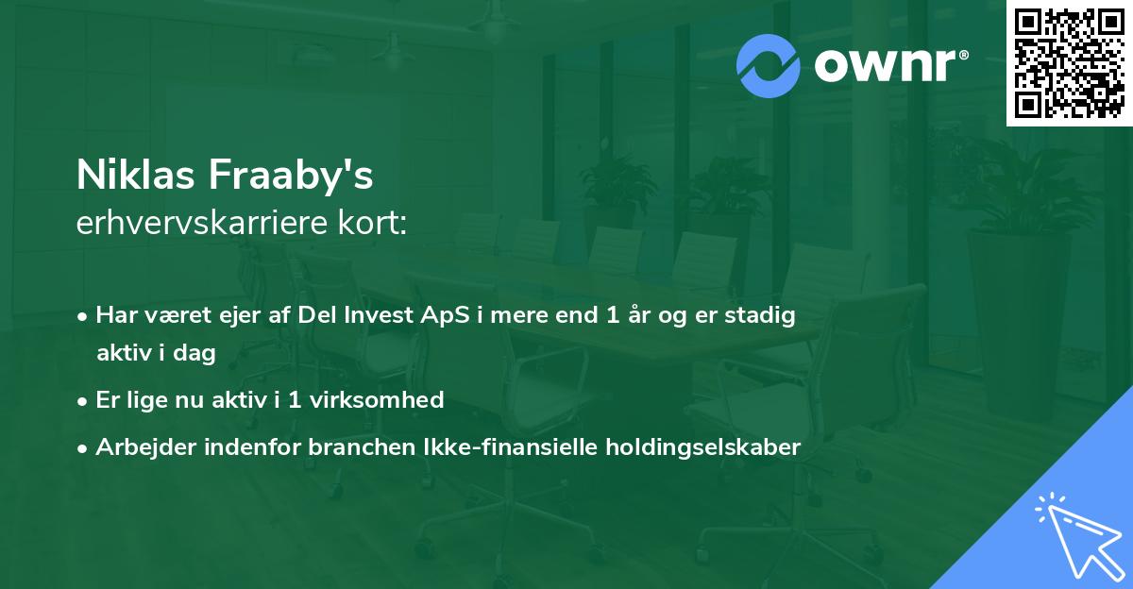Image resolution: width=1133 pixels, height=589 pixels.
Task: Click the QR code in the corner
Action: pyautogui.click(x=1069, y=62)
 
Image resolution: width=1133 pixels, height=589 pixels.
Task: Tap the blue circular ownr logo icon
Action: pyautogui.click(x=768, y=66)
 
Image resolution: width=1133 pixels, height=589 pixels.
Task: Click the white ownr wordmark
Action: pyautogui.click(x=886, y=66)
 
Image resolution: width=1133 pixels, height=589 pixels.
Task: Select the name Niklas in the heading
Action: pyautogui.click(x=136, y=175)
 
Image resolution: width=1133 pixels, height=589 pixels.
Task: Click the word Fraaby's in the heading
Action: pyautogui.click(x=291, y=176)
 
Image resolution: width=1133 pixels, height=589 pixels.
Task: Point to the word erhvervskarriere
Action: pyautogui.click(x=202, y=223)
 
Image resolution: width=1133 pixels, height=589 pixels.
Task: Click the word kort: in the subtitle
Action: pyautogui.click(x=372, y=223)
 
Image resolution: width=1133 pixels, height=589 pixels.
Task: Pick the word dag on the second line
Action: pyautogui.click(x=194, y=353)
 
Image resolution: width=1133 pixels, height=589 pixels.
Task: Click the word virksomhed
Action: pyautogui.click(x=377, y=399)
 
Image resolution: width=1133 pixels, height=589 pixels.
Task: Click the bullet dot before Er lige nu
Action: pyautogui.click(x=82, y=402)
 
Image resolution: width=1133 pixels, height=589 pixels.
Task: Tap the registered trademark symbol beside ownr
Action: pyautogui.click(x=963, y=55)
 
